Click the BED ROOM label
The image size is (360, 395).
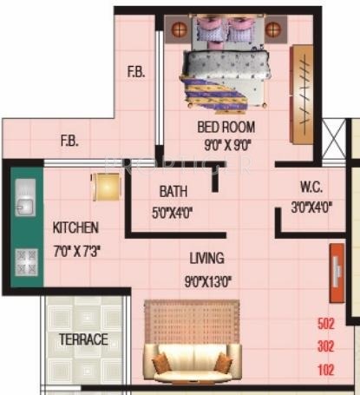coord(219,128)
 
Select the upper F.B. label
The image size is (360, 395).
coord(136,73)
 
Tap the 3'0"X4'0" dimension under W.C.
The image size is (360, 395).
coord(311,207)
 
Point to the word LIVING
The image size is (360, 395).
coord(207,258)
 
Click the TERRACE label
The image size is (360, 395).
coord(83,339)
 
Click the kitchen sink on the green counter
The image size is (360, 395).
coord(26,201)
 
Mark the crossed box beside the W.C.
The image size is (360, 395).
coord(333,139)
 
